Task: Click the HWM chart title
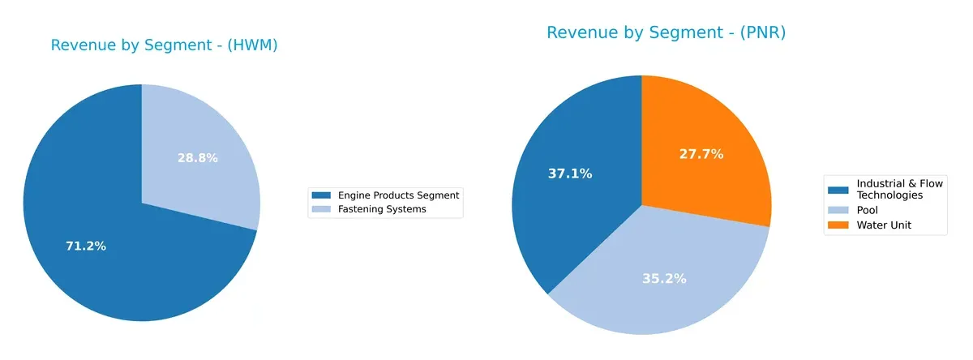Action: click(164, 45)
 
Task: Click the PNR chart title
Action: click(666, 32)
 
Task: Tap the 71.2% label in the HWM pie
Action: click(86, 246)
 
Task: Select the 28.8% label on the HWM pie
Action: click(198, 158)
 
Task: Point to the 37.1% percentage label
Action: click(570, 173)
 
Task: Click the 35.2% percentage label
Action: click(664, 278)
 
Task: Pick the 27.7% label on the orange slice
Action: click(701, 153)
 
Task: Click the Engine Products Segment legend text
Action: click(398, 195)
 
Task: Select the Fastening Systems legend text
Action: click(382, 209)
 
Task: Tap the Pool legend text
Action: click(868, 210)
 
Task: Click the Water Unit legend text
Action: click(884, 225)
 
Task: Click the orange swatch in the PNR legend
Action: click(838, 225)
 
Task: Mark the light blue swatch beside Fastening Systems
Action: click(322, 209)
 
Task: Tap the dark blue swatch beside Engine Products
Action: click(322, 195)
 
